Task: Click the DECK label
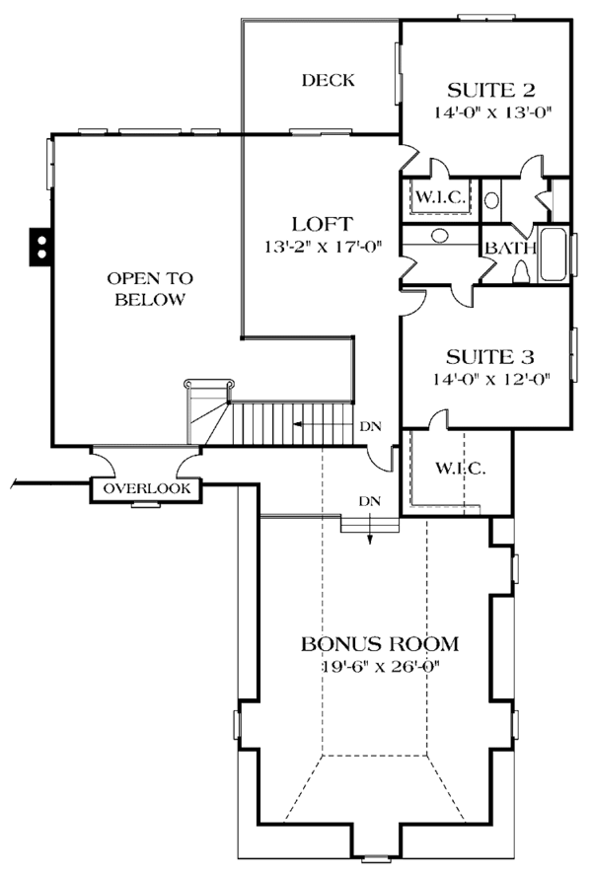tap(329, 80)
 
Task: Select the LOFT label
tap(316, 223)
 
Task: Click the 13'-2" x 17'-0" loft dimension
tap(316, 247)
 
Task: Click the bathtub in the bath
tap(555, 255)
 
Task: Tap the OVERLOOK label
tap(146, 488)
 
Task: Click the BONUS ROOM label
tap(380, 645)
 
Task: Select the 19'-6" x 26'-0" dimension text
tap(380, 667)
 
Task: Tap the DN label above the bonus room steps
tap(370, 501)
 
